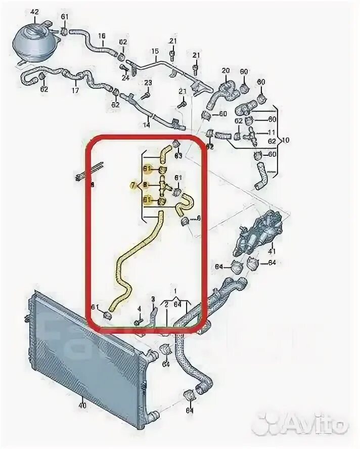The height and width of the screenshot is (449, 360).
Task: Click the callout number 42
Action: [34, 11]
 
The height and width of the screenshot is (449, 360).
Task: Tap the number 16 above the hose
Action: [102, 36]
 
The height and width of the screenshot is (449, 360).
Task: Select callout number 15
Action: [155, 51]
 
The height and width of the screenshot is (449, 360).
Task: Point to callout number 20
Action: [226, 70]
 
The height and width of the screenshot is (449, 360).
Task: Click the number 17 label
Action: [75, 91]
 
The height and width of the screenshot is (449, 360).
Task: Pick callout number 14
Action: [147, 124]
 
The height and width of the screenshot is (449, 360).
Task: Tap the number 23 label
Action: [148, 82]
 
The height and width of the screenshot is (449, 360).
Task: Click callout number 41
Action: [272, 251]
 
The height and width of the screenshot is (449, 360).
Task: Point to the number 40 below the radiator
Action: [82, 405]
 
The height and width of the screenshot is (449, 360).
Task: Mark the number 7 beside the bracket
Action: [133, 186]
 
